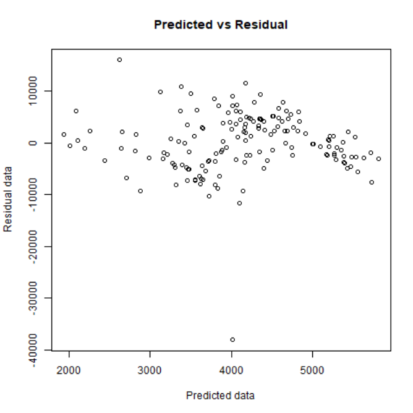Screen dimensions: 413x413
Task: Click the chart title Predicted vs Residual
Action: [x=221, y=25]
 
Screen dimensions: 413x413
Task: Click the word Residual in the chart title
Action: [x=262, y=25]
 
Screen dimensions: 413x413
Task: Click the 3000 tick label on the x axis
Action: [x=150, y=370]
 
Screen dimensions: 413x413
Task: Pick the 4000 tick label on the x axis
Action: [x=231, y=370]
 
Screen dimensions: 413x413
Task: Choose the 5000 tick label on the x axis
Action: [x=313, y=370]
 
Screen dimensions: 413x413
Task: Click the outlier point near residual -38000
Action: [x=232, y=339]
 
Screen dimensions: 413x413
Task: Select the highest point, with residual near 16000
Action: [x=119, y=60]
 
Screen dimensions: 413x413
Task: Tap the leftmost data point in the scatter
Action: [x=64, y=134]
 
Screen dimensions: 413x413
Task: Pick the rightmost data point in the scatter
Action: [x=378, y=159]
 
